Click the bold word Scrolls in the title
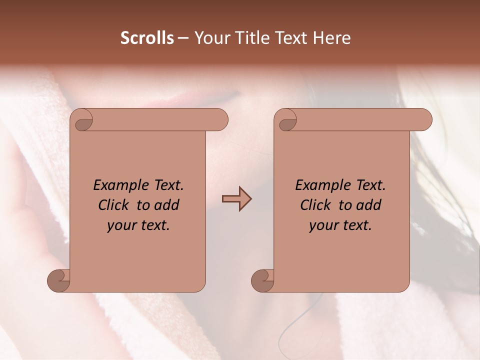[x=147, y=38]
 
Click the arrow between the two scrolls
[x=236, y=198]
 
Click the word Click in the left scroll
[x=113, y=205]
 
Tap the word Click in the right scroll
[x=315, y=205]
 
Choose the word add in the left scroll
[x=166, y=205]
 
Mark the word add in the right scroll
[x=369, y=205]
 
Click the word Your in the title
[x=209, y=38]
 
